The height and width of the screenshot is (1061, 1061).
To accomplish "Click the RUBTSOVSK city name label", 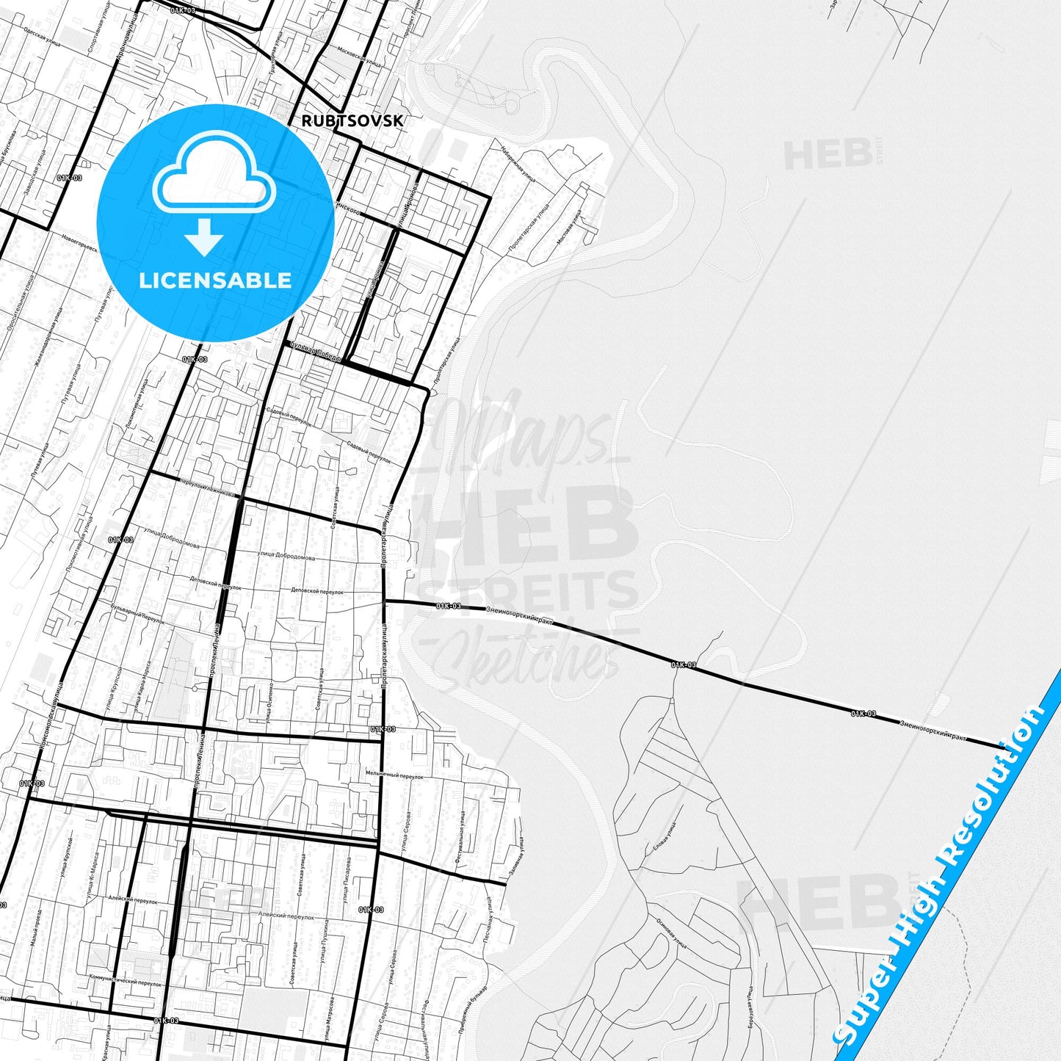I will (x=352, y=120).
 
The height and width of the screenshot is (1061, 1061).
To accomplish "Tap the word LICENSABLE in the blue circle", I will (x=215, y=280).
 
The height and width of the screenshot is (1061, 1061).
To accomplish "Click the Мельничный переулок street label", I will (x=395, y=775).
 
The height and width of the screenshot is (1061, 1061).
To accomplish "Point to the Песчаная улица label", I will (x=488, y=917).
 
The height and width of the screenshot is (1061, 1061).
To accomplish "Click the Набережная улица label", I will (x=518, y=162).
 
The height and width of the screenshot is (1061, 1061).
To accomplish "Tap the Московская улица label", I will (x=358, y=57).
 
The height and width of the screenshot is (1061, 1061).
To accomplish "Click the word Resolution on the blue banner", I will (x=994, y=786).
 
